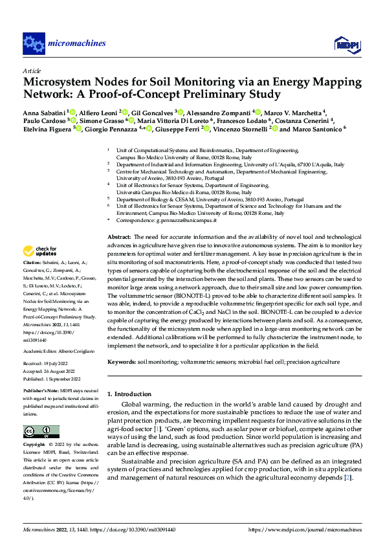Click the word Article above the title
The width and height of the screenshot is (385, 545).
coord(31,70)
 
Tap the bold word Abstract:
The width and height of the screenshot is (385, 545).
coord(118,238)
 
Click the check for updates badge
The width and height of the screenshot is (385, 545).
coord(39,251)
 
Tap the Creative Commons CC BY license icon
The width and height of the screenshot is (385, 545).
coord(41,432)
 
